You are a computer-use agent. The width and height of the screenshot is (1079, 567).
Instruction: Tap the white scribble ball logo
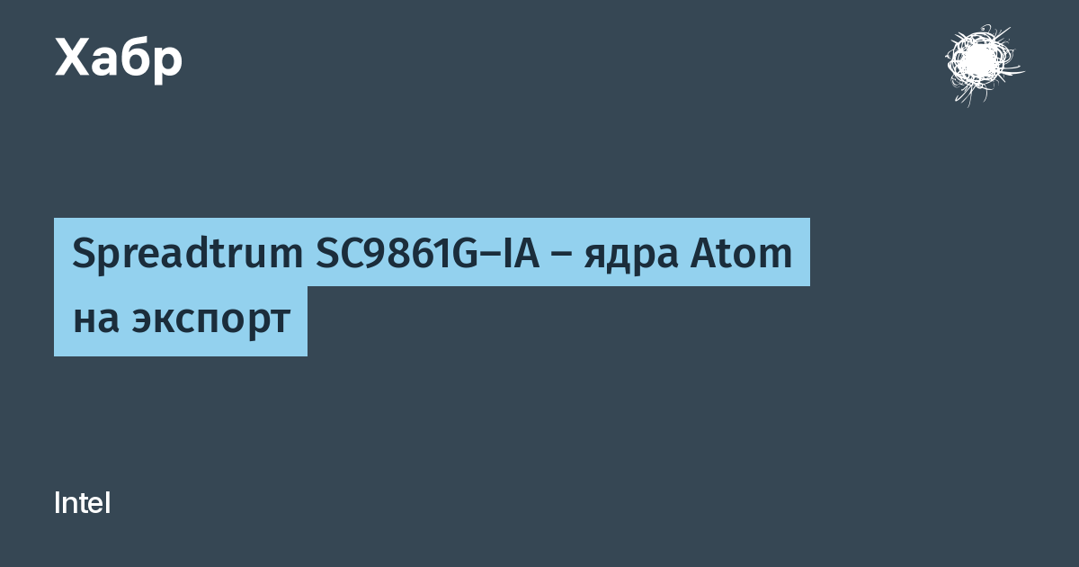[984, 65]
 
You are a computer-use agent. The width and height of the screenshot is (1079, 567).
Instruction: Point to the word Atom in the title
[741, 254]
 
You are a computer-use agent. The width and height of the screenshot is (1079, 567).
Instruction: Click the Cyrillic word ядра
[631, 257]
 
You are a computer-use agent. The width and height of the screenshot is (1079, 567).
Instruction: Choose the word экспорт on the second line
[211, 321]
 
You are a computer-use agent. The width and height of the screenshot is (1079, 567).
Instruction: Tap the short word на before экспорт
[96, 319]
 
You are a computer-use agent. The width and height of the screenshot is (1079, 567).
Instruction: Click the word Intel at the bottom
[83, 503]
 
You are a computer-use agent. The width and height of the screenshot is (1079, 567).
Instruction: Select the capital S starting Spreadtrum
[84, 254]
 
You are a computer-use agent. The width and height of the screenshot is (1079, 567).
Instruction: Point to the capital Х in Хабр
[73, 57]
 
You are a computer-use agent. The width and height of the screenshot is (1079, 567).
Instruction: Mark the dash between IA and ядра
[561, 256]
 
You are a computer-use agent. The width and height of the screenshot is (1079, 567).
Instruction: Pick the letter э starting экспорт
[143, 319]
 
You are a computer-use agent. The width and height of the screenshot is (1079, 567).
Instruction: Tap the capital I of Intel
[57, 503]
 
